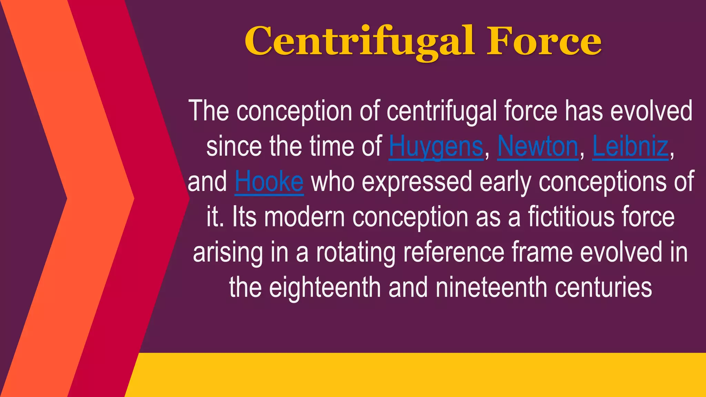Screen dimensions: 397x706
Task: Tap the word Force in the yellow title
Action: point(544,41)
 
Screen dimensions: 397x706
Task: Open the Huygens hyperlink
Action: point(436,147)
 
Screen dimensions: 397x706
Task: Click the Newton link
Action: point(537,147)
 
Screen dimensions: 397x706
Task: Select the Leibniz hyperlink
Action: point(630,147)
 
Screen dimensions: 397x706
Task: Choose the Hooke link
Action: point(269,182)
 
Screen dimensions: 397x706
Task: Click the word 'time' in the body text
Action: point(332,147)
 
